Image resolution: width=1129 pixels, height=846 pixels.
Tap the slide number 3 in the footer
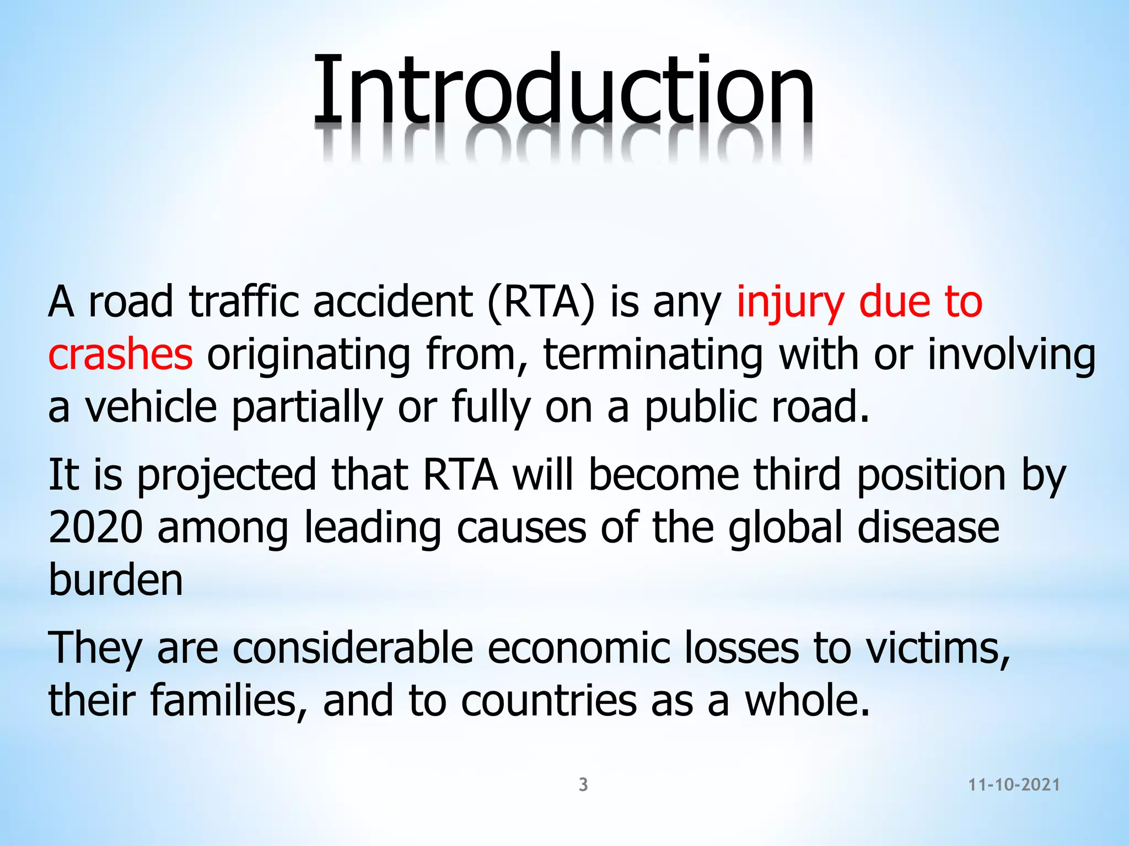tap(583, 784)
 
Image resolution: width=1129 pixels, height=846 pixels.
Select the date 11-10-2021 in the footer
tap(1014, 785)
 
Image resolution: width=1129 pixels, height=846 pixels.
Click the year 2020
tap(95, 527)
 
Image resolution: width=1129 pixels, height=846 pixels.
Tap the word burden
tap(116, 580)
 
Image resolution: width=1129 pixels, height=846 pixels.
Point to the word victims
tap(938, 648)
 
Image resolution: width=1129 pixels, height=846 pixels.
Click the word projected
tap(227, 475)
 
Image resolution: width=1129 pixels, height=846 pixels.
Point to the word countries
tap(549, 700)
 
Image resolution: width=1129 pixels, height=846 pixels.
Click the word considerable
tap(353, 648)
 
